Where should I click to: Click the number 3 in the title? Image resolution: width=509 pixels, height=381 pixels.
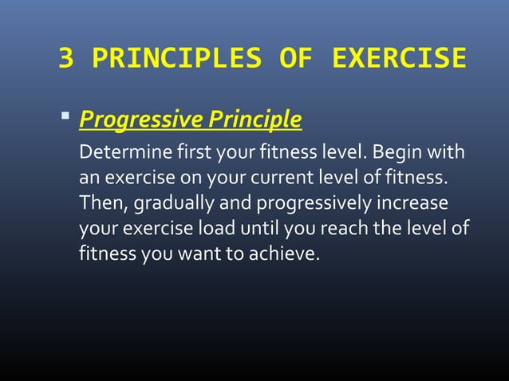(67, 59)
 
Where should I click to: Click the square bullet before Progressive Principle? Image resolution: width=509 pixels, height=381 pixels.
(66, 120)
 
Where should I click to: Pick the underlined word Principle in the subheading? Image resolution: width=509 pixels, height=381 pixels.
(254, 120)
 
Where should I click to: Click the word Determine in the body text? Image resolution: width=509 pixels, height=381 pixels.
(118, 151)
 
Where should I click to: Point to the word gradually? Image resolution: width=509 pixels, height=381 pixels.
(171, 203)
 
